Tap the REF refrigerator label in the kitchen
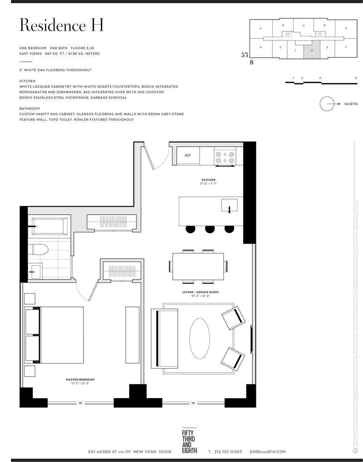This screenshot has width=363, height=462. coord(188,155)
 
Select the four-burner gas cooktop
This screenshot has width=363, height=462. coord(225,157)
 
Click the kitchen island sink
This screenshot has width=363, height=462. coord(229,205)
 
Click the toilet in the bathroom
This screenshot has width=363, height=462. coord(39,250)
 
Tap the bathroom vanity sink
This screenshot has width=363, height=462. coord(34,271)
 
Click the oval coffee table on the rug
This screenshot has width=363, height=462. coord(199,338)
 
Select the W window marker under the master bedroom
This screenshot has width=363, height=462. coord(80,403)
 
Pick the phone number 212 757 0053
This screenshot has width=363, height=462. coord(225,452)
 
